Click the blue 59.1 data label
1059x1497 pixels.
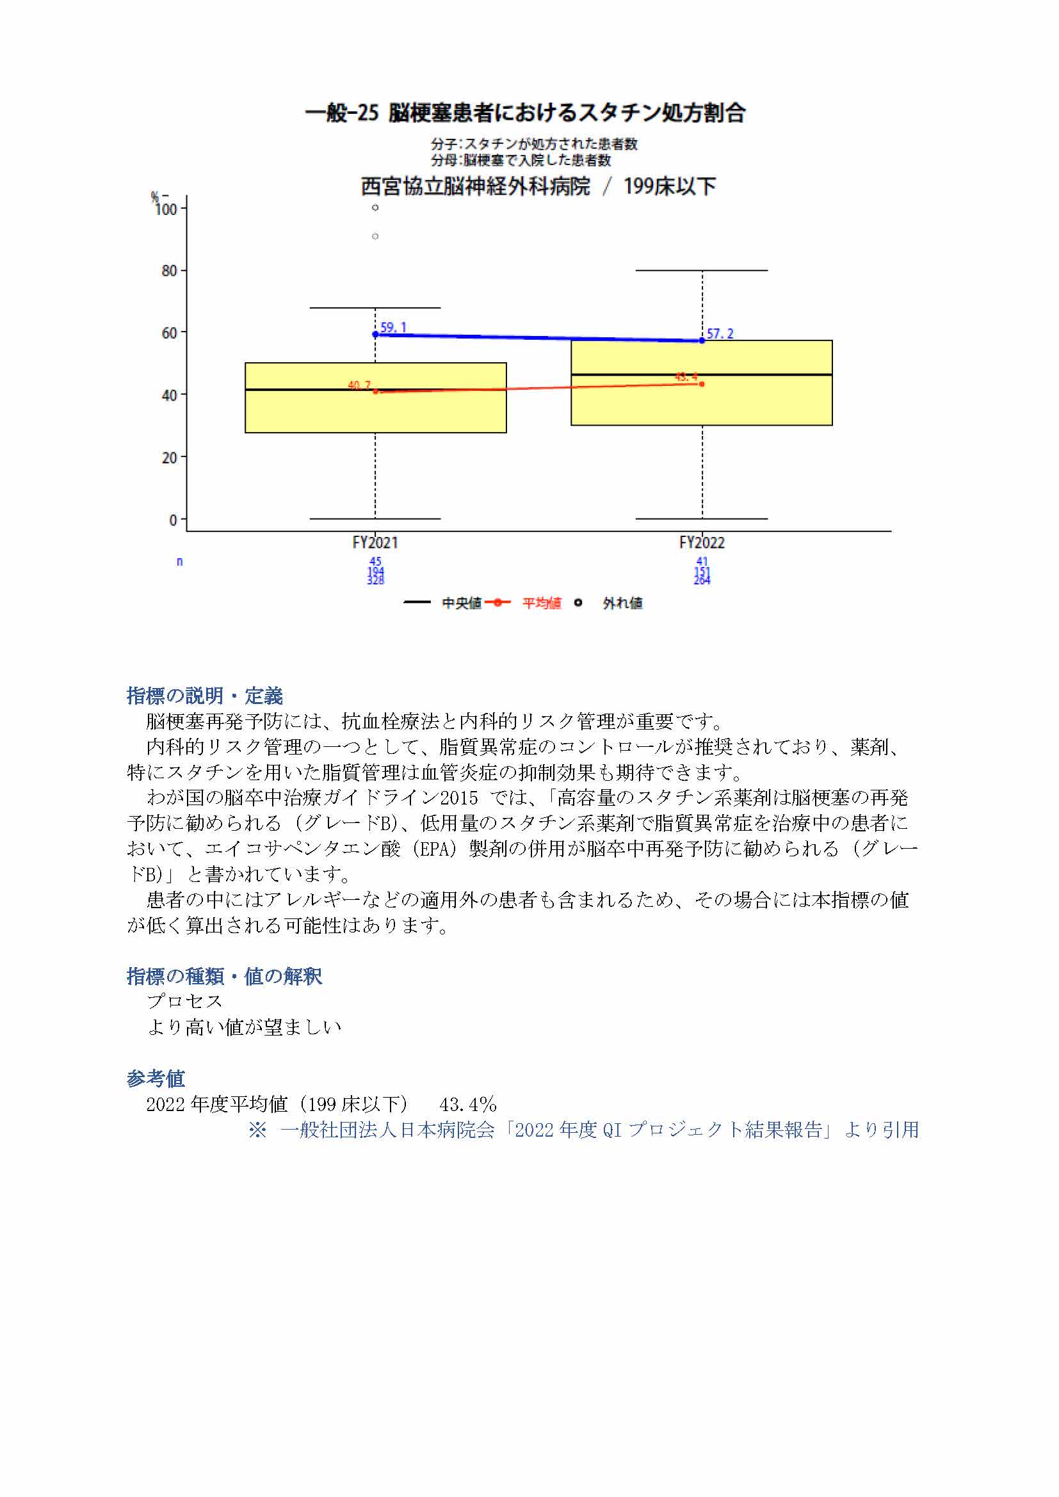tap(393, 327)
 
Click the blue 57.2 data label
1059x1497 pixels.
tap(720, 334)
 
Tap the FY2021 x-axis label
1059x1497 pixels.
tap(375, 543)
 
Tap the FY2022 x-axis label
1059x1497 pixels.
tap(702, 543)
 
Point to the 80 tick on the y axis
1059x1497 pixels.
tap(170, 271)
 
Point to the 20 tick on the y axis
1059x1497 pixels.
tap(170, 458)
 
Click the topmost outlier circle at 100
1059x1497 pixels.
tap(376, 208)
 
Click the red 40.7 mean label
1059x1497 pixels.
tap(359, 385)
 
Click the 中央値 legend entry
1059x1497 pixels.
tap(461, 603)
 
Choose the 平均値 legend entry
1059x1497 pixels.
tap(541, 603)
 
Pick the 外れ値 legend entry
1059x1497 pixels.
tap(622, 603)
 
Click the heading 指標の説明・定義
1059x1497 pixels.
tap(205, 696)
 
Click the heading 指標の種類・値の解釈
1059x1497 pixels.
tap(224, 976)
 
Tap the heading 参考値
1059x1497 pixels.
tap(156, 1078)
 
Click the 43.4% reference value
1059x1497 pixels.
tap(467, 1105)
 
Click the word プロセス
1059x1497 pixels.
tap(185, 1002)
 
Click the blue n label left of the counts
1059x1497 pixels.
tap(179, 561)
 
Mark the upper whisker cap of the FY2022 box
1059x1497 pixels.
tap(702, 270)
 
